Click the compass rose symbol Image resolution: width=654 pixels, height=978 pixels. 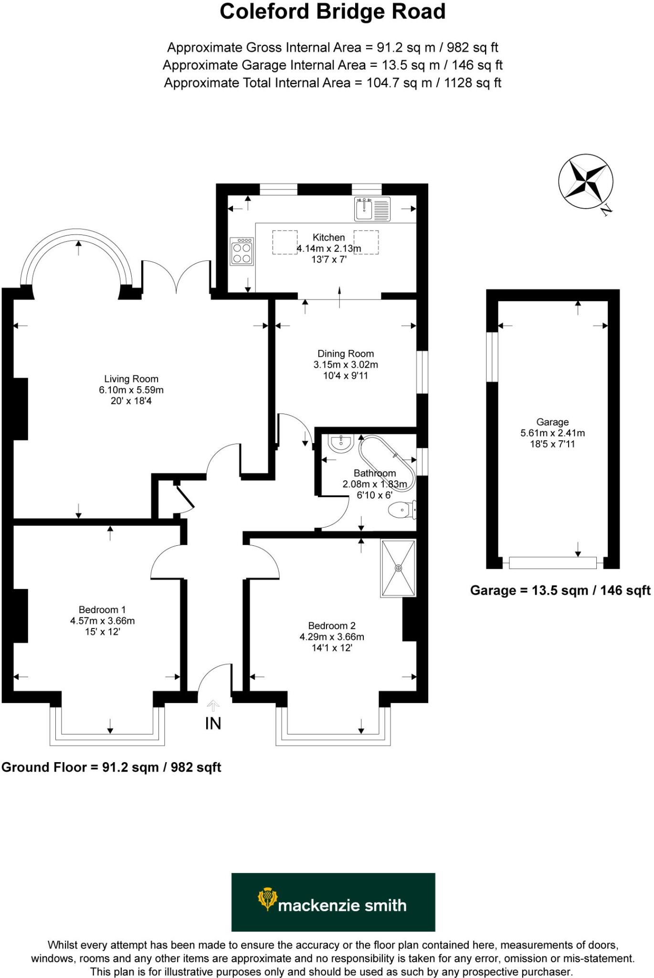585,181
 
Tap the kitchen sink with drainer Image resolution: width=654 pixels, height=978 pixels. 372,209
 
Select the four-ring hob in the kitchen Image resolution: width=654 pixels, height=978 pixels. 242,252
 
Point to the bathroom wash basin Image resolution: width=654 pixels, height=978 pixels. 341,443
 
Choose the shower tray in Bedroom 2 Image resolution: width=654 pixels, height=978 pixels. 398,568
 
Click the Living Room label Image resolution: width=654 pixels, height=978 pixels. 131,379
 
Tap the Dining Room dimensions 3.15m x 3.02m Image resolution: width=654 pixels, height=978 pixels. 346,365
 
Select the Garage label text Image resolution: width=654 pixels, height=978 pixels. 552,422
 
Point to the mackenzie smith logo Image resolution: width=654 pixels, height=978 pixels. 333,902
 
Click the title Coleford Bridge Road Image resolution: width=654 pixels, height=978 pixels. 332,12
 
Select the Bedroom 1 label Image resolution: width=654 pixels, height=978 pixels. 102,610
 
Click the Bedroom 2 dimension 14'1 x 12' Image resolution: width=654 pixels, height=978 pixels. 332,648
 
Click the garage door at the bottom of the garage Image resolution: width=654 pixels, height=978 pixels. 552,563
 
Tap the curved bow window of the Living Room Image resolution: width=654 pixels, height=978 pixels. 76,239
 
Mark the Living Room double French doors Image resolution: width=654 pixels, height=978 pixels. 177,277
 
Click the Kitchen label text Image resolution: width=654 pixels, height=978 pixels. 328,237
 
